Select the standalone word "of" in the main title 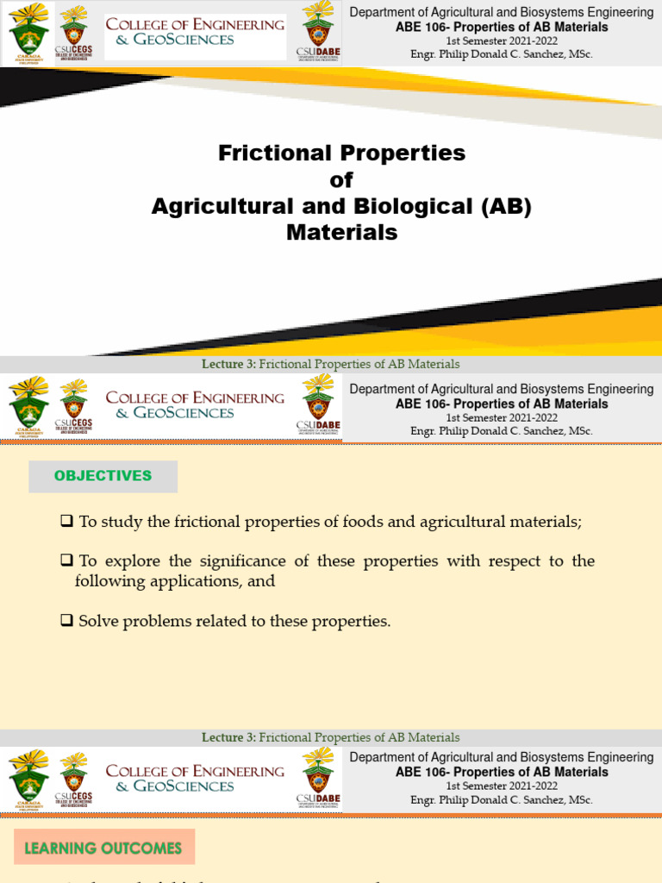tap(341, 180)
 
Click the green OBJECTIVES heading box tap(103, 476)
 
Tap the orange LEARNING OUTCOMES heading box tap(103, 848)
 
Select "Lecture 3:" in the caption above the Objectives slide tap(228, 364)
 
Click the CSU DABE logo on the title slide tap(318, 31)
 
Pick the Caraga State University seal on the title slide tap(28, 31)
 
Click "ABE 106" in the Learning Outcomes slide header tap(420, 772)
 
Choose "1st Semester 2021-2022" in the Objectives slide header tap(501, 417)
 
